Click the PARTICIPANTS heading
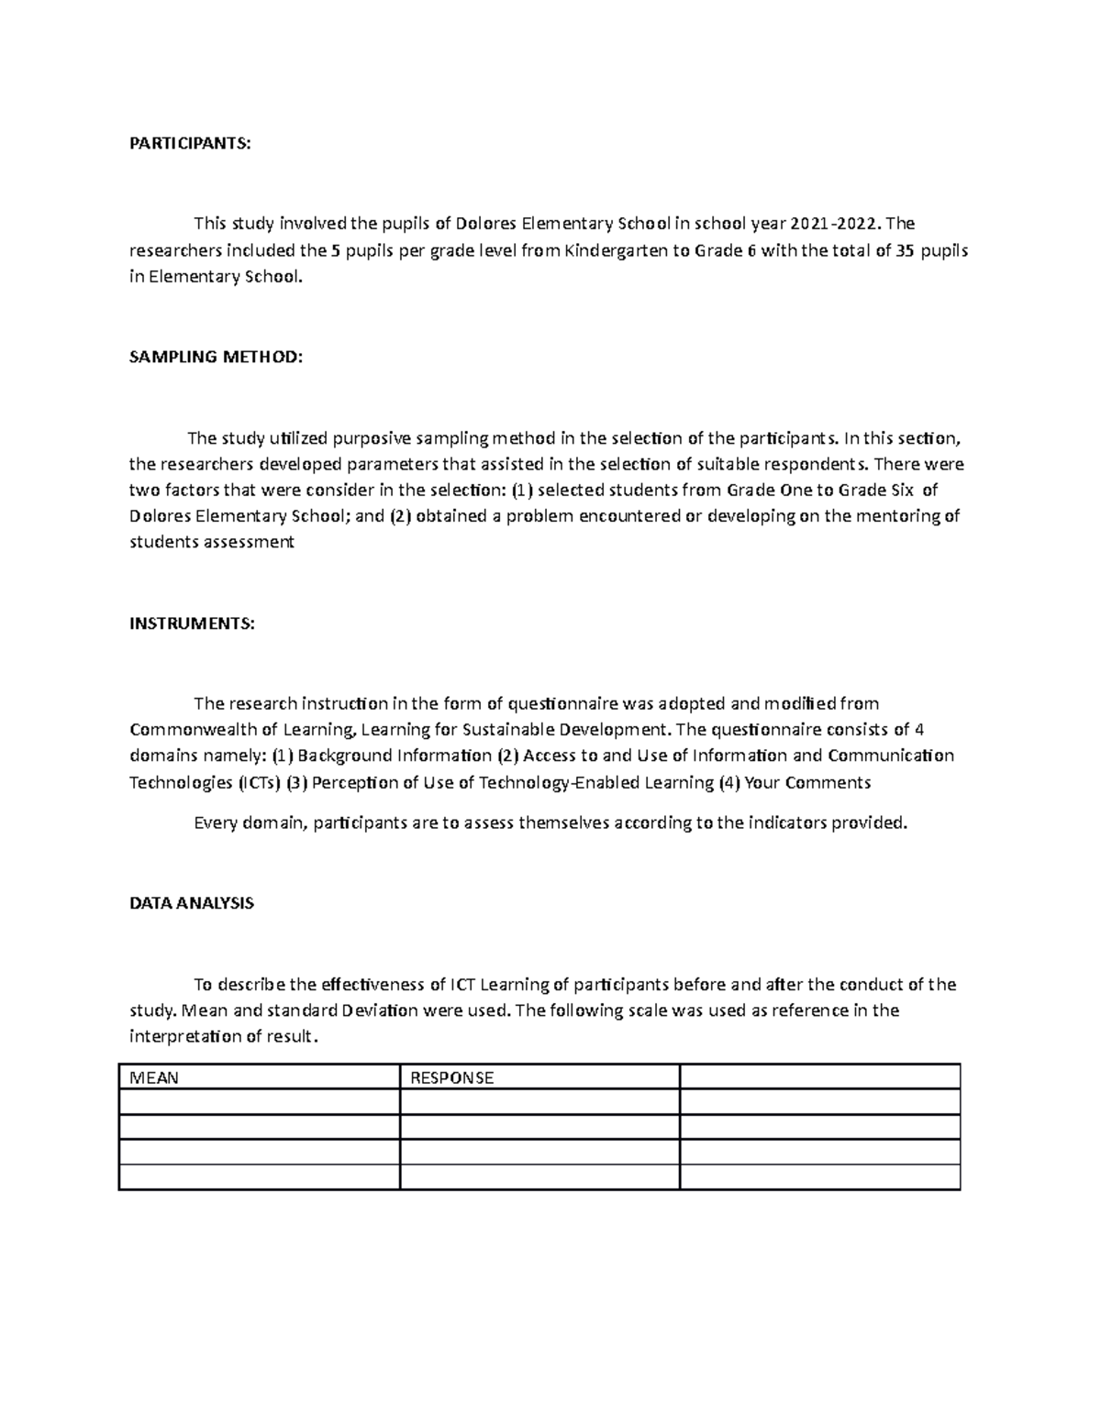[189, 143]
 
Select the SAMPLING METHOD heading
[216, 357]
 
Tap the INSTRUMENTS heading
[192, 624]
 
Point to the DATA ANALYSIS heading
[191, 903]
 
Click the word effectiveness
[372, 985]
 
